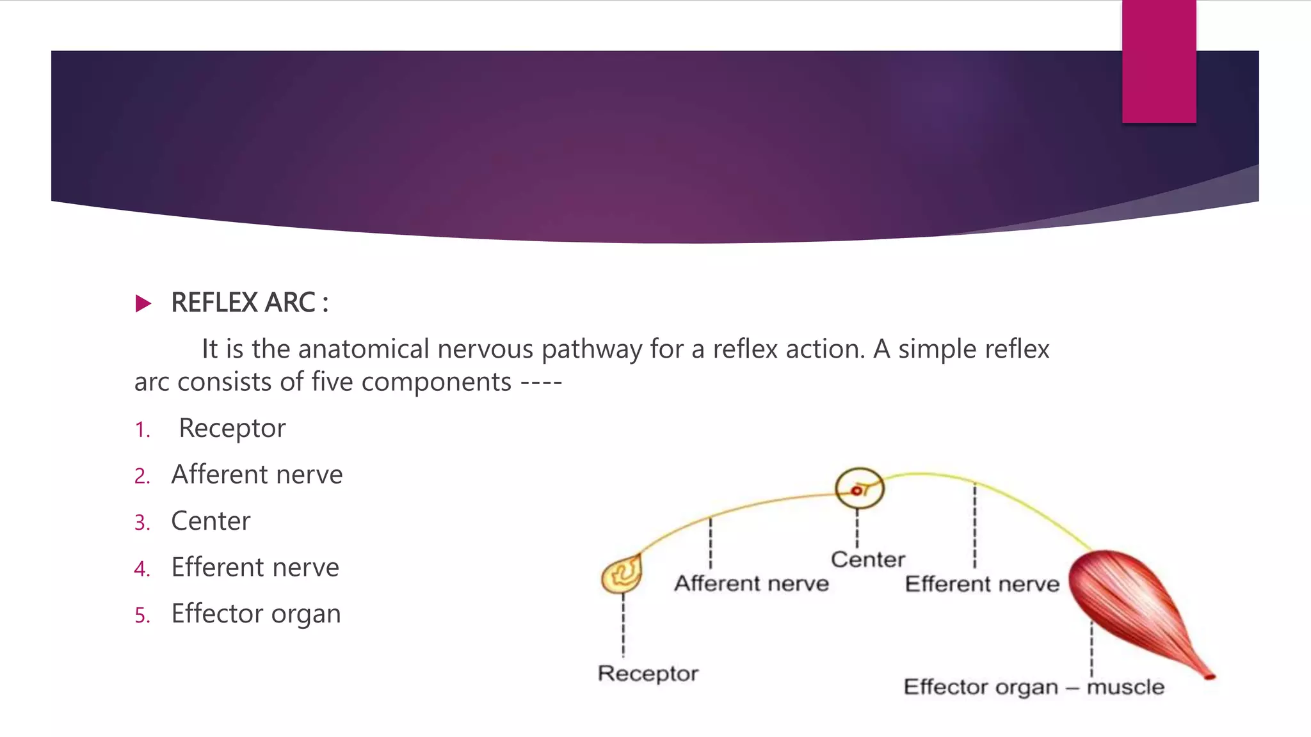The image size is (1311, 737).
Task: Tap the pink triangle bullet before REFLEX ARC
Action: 143,303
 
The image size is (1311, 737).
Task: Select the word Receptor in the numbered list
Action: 232,428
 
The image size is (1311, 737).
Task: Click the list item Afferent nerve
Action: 257,475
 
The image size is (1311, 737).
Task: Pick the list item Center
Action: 211,521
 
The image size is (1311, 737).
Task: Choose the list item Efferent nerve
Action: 255,567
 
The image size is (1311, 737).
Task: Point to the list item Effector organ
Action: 256,614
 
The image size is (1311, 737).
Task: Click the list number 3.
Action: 141,523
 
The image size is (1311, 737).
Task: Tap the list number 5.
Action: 141,615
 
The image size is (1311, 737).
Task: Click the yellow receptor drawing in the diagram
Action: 622,574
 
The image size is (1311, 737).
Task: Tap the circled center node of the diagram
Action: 859,489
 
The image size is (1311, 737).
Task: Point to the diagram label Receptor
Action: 648,674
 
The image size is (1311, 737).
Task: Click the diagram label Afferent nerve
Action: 752,583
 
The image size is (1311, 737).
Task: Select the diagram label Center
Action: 868,560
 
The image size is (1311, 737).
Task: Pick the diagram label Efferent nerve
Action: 982,584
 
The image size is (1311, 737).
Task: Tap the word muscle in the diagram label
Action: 1125,687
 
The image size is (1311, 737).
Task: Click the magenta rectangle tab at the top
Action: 1159,61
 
